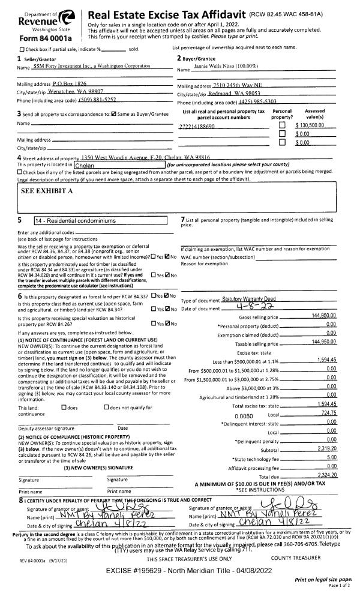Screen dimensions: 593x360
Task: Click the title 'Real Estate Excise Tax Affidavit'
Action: [x=185, y=13]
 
